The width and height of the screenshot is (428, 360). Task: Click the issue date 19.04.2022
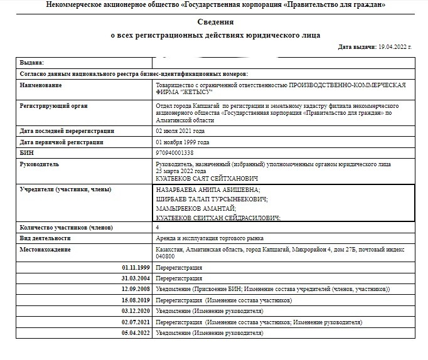[x=393, y=47]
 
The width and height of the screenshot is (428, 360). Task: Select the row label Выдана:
[x=32, y=63]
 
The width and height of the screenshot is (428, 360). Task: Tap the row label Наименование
[x=41, y=85]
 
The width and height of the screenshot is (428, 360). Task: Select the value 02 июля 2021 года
[x=179, y=131]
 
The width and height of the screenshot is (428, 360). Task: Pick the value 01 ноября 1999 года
[x=181, y=142]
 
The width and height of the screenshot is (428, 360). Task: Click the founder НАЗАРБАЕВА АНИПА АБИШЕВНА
[x=208, y=189]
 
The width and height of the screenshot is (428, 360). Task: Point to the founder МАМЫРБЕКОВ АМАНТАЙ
[x=196, y=208]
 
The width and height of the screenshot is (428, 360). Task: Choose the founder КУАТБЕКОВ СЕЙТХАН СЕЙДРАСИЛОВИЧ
[x=218, y=217]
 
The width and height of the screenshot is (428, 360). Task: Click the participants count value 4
[x=158, y=227]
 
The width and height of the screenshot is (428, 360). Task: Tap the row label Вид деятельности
[x=45, y=238]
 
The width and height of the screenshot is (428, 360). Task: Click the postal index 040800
[x=165, y=256]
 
